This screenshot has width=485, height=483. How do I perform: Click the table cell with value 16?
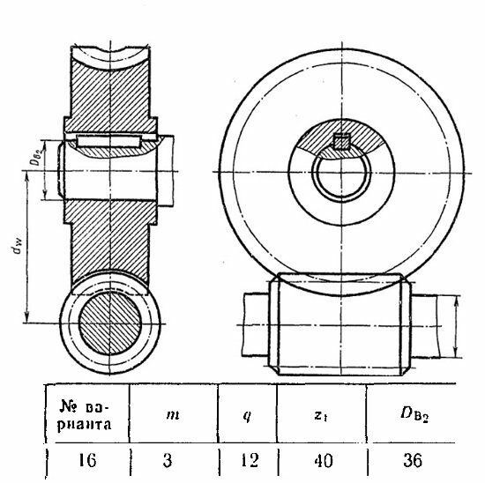(x=87, y=460)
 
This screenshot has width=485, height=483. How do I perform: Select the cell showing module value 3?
(x=168, y=460)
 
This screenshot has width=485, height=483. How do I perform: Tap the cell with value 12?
(x=250, y=460)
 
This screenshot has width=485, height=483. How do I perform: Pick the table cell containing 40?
(x=324, y=460)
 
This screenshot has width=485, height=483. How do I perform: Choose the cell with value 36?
(x=413, y=460)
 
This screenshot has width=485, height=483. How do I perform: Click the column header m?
(x=173, y=414)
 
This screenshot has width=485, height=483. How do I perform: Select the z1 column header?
(x=321, y=414)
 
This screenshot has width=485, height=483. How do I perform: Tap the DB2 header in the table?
(x=414, y=414)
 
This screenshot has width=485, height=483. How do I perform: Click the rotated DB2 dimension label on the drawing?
(x=38, y=157)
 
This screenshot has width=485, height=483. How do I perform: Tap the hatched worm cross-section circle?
(x=110, y=323)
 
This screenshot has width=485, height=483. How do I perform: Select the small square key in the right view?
(x=341, y=141)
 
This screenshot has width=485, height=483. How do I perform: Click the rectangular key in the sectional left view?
(x=108, y=141)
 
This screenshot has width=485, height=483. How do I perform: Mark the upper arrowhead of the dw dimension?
(x=27, y=177)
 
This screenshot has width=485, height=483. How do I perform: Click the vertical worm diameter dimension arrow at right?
(x=455, y=326)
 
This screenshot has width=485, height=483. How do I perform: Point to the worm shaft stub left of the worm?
(x=256, y=324)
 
